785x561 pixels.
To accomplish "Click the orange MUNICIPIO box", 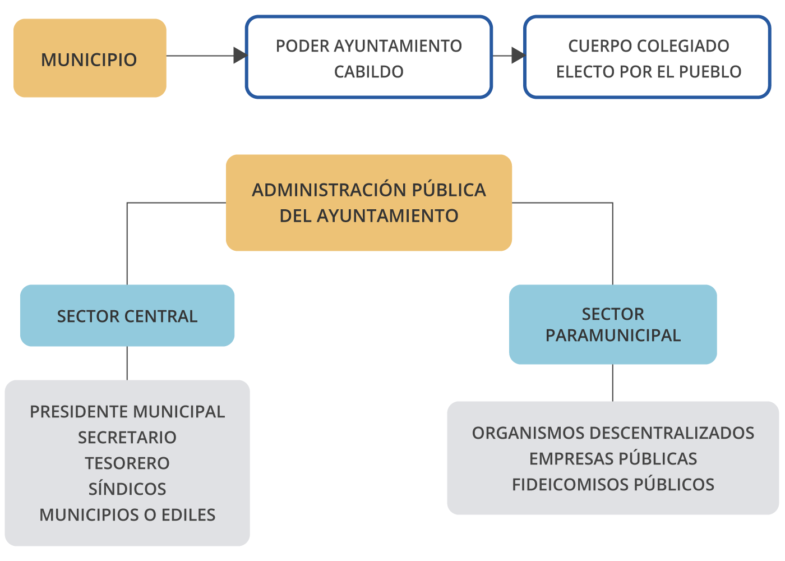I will click(x=90, y=58).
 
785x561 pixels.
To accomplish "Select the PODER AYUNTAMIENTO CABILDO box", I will click(x=368, y=57).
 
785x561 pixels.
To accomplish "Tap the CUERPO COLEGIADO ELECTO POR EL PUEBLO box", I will click(x=648, y=57).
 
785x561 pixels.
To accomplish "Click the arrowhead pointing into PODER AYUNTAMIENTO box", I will click(x=240, y=56).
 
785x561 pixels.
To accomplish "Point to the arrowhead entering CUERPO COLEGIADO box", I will click(x=518, y=56).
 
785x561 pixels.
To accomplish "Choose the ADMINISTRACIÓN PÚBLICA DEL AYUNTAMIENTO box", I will click(x=368, y=203).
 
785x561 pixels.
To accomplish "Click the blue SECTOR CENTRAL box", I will click(x=127, y=316).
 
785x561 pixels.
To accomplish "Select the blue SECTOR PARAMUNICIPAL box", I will click(x=613, y=324).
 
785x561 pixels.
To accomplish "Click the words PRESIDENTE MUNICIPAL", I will click(x=127, y=412).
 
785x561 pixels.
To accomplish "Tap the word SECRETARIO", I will click(x=127, y=438).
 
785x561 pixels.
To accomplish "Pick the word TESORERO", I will click(x=127, y=463).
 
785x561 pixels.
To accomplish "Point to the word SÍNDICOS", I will click(x=127, y=489).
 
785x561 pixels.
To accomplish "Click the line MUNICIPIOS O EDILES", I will click(x=127, y=515).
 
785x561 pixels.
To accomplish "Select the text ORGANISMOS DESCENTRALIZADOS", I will click(x=613, y=433).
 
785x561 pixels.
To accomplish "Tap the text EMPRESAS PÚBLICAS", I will click(x=613, y=459).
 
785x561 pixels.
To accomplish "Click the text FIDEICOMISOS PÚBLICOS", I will click(x=613, y=485).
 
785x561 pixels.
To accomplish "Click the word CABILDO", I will click(x=368, y=72).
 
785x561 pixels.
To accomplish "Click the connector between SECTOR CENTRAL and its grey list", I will click(x=127, y=363).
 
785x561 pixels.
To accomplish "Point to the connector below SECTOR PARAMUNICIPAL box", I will click(x=613, y=383).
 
